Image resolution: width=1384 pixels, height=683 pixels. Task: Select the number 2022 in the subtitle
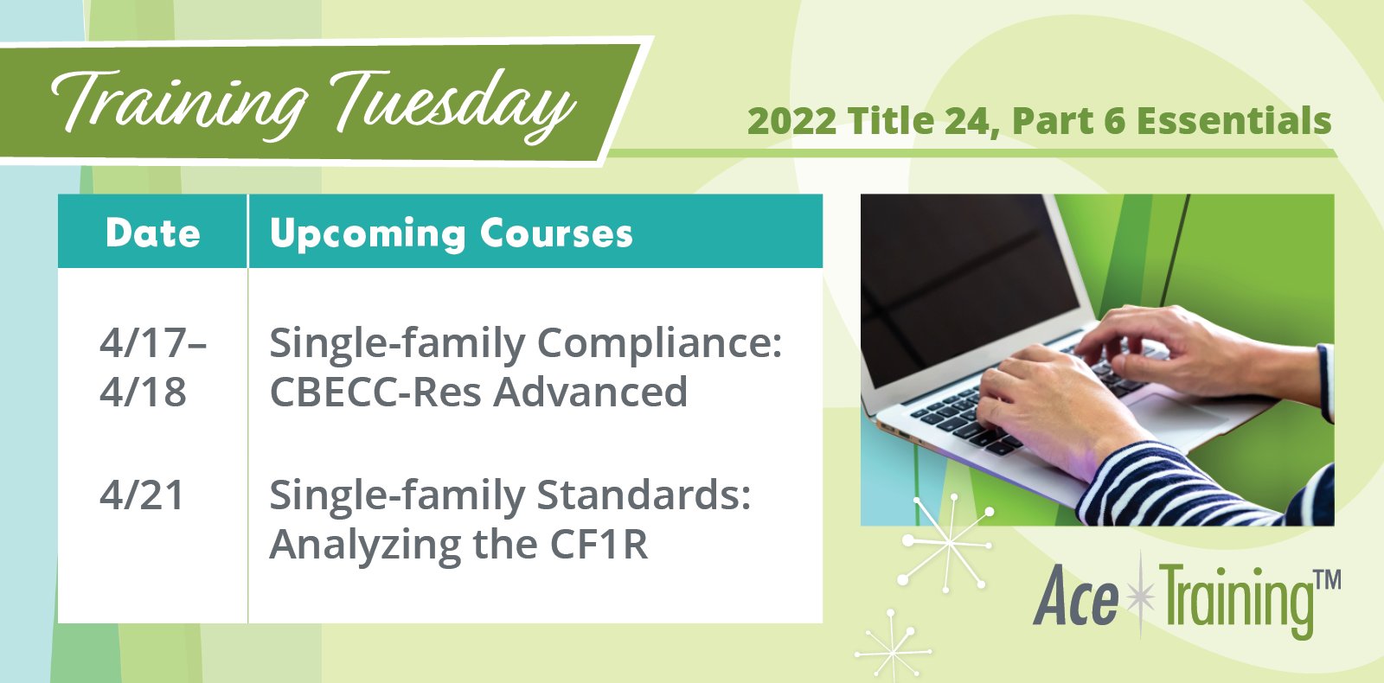(x=791, y=122)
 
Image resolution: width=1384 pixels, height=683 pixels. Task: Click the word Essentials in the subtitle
(x=1233, y=122)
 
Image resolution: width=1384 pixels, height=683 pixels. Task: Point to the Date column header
(x=152, y=233)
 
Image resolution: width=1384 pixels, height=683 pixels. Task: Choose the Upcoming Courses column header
(x=451, y=233)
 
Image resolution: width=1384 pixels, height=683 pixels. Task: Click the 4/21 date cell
(x=142, y=495)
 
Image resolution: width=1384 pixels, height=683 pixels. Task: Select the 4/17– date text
(x=152, y=343)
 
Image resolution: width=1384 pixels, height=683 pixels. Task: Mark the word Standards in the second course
(x=644, y=495)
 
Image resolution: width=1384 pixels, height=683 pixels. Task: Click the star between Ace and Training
(x=1142, y=597)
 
